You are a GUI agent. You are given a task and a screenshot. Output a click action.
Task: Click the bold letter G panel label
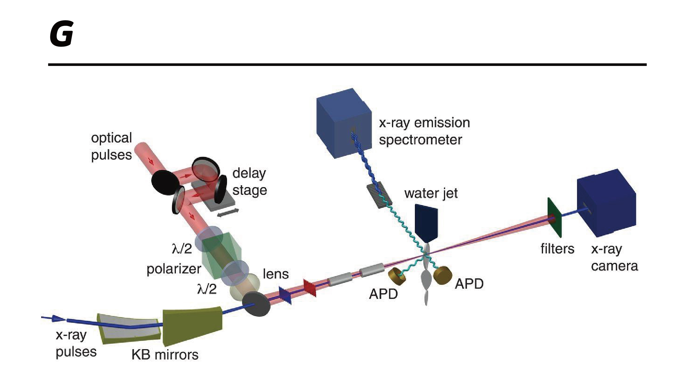(x=62, y=34)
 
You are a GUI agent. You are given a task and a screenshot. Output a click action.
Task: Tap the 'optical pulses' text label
(x=111, y=146)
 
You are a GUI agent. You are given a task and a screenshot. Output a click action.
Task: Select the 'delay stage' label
(x=249, y=181)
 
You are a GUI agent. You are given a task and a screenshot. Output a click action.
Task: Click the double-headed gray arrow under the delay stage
(x=228, y=212)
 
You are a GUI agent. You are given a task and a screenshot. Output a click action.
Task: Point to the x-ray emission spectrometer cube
(x=344, y=123)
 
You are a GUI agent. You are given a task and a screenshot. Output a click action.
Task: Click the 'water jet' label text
(x=431, y=193)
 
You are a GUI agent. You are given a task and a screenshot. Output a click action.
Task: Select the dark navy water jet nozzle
(x=426, y=223)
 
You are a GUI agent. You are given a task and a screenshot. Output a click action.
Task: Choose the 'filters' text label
(x=557, y=249)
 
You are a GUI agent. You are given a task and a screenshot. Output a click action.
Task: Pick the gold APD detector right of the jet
(x=443, y=275)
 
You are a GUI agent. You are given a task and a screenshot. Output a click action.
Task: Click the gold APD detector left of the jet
(x=396, y=275)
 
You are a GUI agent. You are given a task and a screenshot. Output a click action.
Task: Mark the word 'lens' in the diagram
(x=275, y=274)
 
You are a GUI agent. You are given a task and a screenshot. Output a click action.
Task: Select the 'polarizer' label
(x=174, y=269)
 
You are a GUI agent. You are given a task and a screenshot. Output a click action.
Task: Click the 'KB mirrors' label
(x=165, y=355)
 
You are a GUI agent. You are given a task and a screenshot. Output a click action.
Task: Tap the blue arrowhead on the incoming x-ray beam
(x=59, y=318)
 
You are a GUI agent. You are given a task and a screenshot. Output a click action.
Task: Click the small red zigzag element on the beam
(x=310, y=288)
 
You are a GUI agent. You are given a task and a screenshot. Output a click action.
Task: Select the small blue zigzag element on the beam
(x=285, y=295)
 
